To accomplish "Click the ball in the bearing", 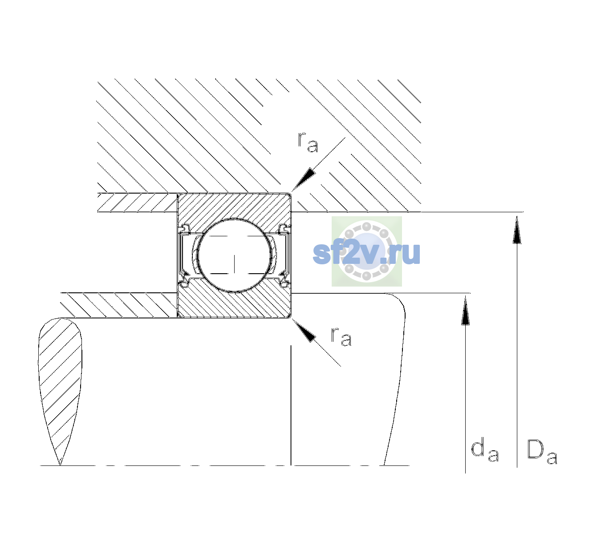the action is click(234, 255).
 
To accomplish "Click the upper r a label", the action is click(308, 142).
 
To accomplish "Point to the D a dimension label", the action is click(542, 452).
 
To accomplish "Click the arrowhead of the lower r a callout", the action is click(304, 331).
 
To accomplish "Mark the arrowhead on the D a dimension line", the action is click(517, 230).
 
